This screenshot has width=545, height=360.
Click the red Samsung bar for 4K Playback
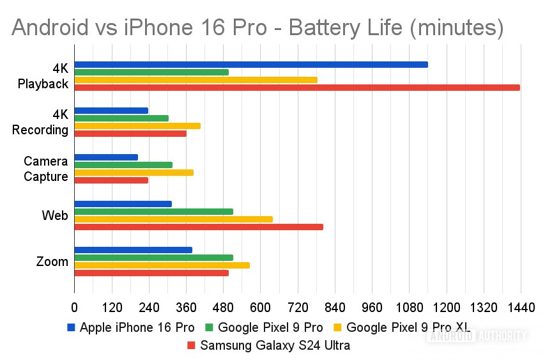297,87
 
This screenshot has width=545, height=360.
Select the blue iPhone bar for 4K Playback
251,64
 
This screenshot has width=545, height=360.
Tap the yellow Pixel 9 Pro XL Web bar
174,219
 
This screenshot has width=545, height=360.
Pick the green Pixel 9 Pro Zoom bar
154,258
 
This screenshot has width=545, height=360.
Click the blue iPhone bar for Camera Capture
106,157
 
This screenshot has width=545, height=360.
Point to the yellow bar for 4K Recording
137,126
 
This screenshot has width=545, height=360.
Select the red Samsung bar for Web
199,227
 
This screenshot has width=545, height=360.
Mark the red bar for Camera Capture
111,180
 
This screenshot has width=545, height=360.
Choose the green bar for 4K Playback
151,72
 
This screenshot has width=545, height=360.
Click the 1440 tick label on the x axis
519,307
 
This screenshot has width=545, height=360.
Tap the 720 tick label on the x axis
297,307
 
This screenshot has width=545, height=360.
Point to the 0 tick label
75,307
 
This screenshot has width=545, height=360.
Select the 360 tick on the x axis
186,307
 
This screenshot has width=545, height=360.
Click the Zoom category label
52,262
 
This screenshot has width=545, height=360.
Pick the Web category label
55,215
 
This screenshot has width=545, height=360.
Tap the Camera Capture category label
46,169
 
